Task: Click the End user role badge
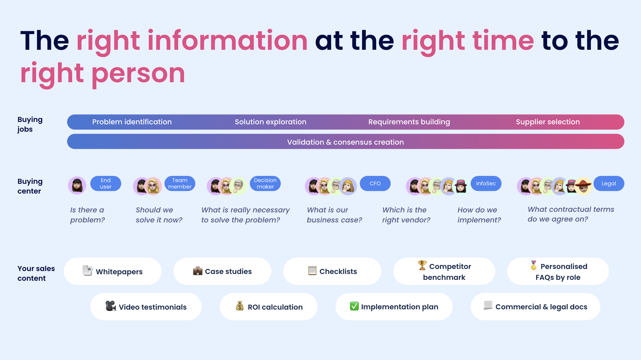click(x=105, y=184)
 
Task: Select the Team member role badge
click(x=180, y=184)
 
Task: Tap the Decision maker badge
click(x=265, y=184)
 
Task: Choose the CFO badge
click(x=375, y=184)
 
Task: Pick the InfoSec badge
click(x=486, y=184)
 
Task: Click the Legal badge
click(x=609, y=184)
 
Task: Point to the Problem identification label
click(x=132, y=122)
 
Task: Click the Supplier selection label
click(x=548, y=122)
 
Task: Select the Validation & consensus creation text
click(x=346, y=142)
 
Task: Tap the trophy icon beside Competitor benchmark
click(x=422, y=265)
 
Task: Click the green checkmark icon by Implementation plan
click(x=354, y=306)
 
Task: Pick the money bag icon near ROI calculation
click(x=240, y=306)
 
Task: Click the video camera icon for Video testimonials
click(x=110, y=306)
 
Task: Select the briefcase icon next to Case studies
click(x=198, y=271)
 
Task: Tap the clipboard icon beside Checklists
click(x=312, y=270)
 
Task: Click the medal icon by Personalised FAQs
click(x=533, y=265)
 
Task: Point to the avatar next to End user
click(x=77, y=185)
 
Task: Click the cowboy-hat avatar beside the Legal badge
click(x=583, y=186)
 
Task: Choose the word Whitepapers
click(x=119, y=272)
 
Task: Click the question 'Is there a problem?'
click(x=87, y=215)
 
